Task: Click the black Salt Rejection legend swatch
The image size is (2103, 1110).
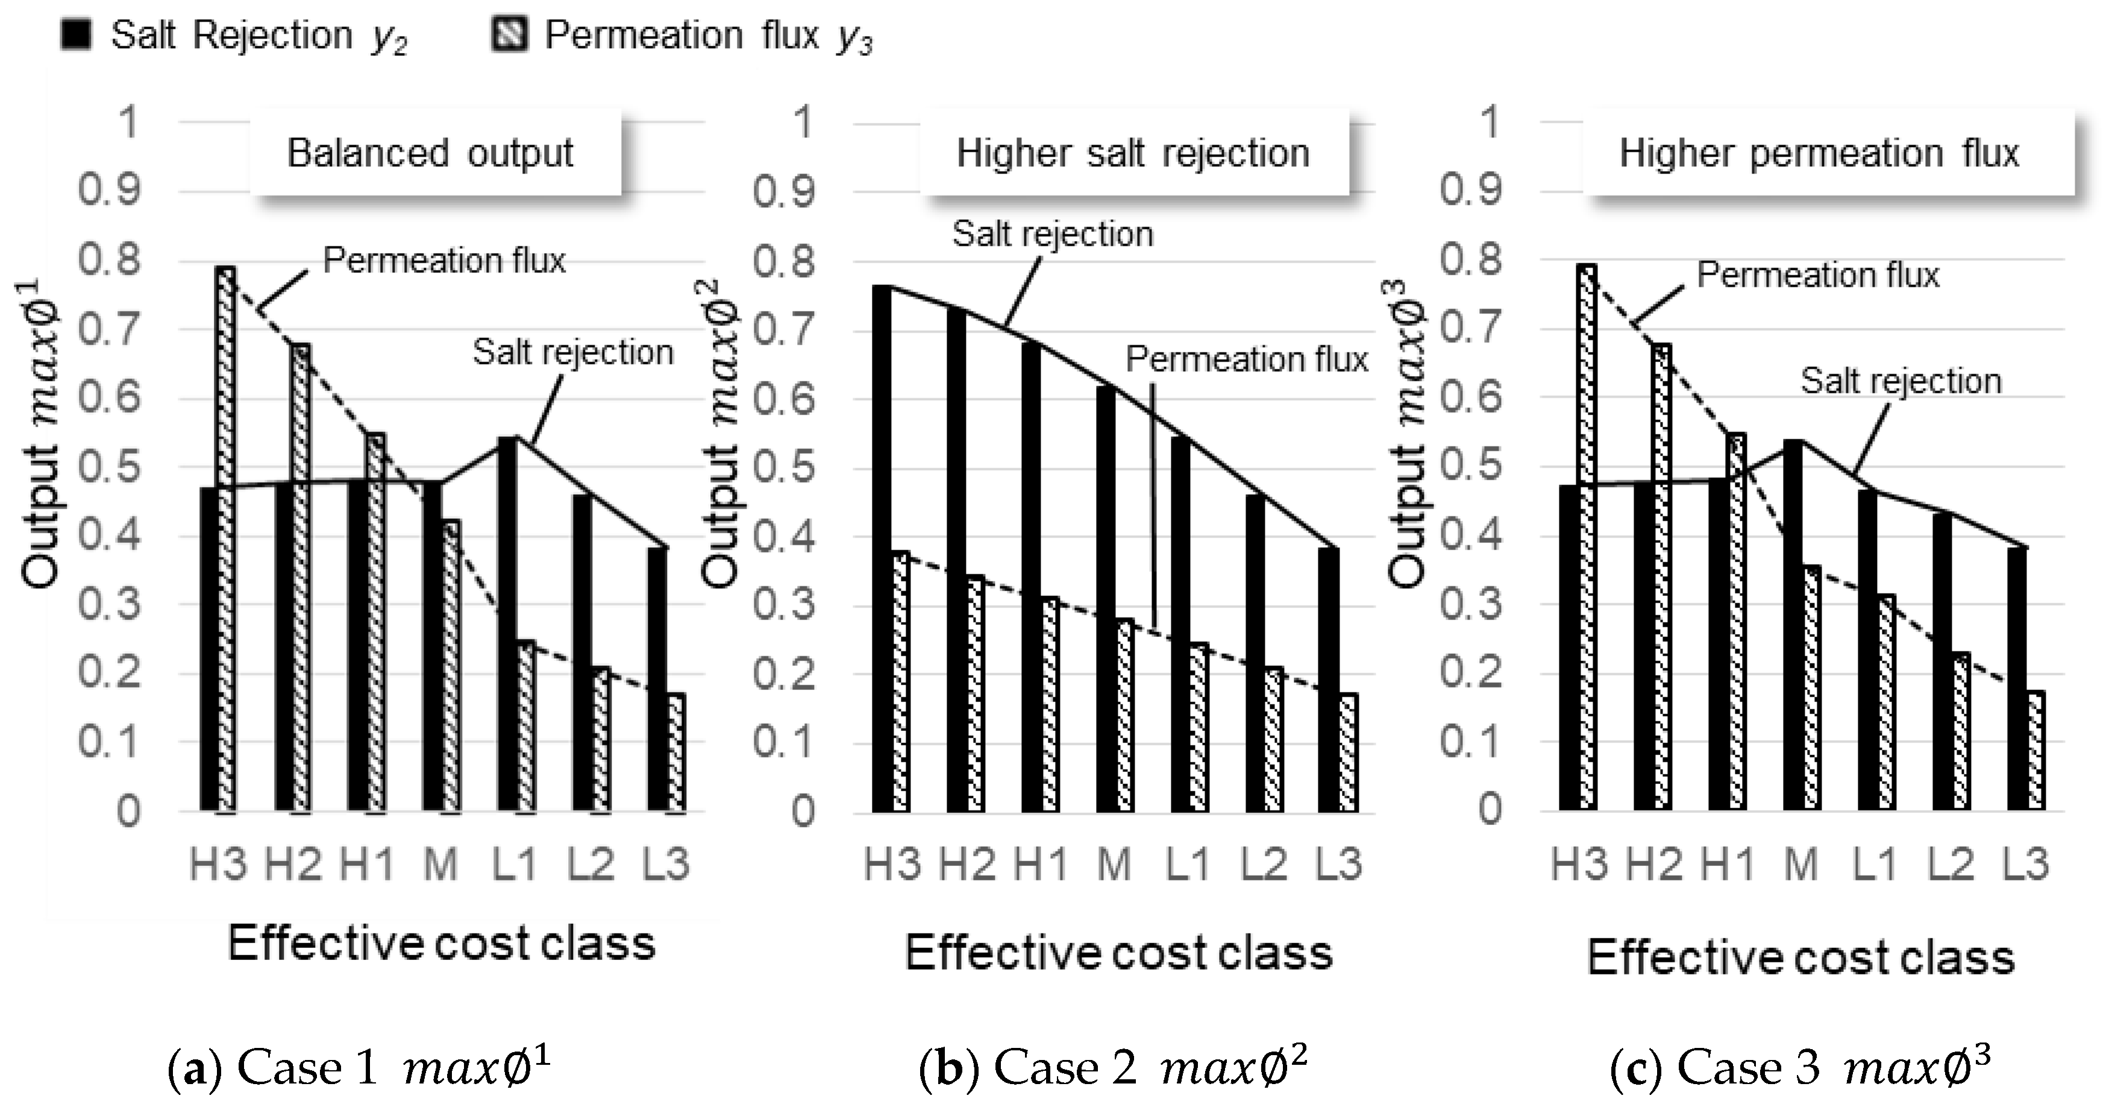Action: pyautogui.click(x=76, y=35)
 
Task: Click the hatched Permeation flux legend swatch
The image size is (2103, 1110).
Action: pyautogui.click(x=509, y=35)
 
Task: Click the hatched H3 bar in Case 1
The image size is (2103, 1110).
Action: pyautogui.click(x=226, y=539)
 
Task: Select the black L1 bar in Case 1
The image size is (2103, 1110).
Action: pyautogui.click(x=507, y=624)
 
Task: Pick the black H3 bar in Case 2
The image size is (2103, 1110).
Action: pyautogui.click(x=882, y=548)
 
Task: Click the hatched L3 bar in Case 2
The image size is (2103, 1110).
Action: pyautogui.click(x=1349, y=753)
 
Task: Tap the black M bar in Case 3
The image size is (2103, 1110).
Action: pyautogui.click(x=1793, y=624)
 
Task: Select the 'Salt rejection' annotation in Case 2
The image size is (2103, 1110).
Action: pyautogui.click(x=1052, y=235)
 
